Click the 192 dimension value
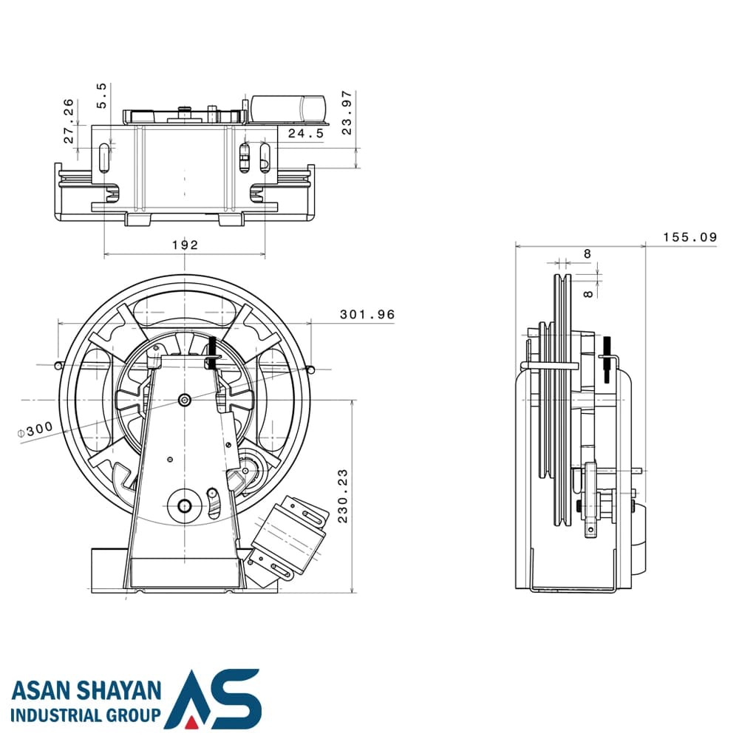click(x=185, y=245)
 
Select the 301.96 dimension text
click(x=367, y=314)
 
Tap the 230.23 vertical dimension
click(x=343, y=495)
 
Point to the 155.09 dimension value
click(x=690, y=237)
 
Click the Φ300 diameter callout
click(x=35, y=430)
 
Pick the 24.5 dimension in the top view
click(x=306, y=133)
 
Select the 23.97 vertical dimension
click(x=347, y=112)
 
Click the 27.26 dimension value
click(x=69, y=121)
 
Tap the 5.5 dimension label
click(x=102, y=95)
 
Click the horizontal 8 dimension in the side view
click(x=587, y=254)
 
